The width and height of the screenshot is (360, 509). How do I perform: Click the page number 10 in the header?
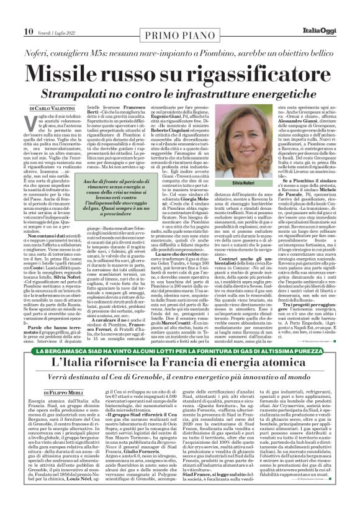point(12,13)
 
